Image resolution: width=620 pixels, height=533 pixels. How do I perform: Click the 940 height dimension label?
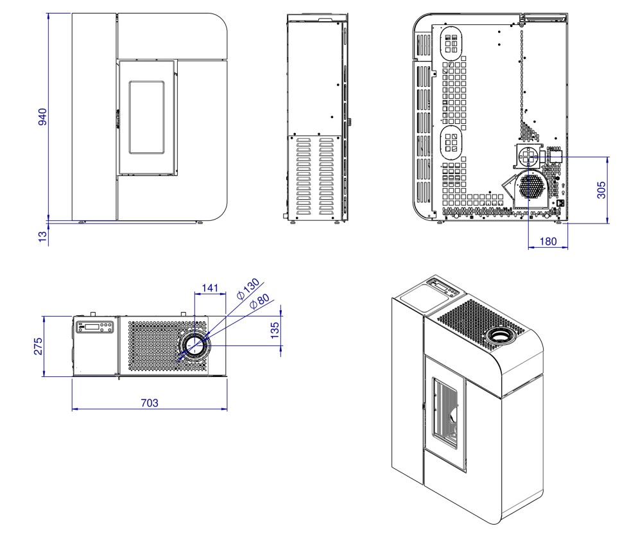pos(43,117)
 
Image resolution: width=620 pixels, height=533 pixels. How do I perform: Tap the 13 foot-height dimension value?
pos(43,236)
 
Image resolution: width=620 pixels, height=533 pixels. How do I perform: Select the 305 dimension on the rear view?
pos(601,190)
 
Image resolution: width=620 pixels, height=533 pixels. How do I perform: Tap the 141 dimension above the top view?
pos(210,288)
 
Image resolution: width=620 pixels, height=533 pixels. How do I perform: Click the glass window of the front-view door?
pos(147,118)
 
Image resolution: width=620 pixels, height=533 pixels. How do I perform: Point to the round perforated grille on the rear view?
pos(531,186)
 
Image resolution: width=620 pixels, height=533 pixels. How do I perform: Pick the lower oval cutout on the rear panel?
pos(452,142)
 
